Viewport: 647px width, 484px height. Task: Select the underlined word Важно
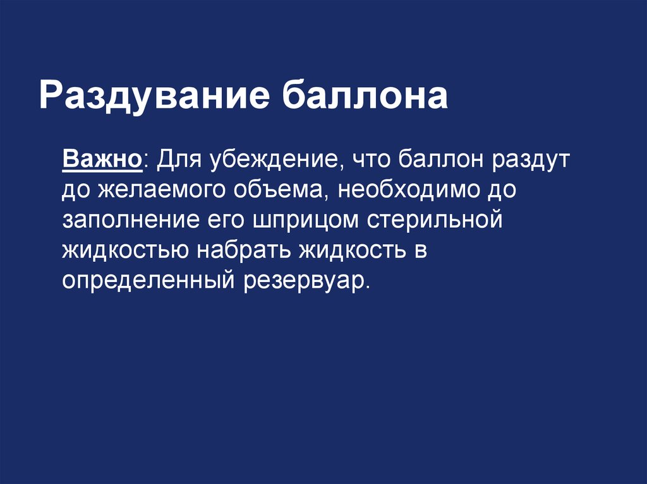[x=102, y=158]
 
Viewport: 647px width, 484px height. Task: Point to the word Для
[x=178, y=158]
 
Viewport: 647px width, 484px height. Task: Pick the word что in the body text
[x=373, y=158]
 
